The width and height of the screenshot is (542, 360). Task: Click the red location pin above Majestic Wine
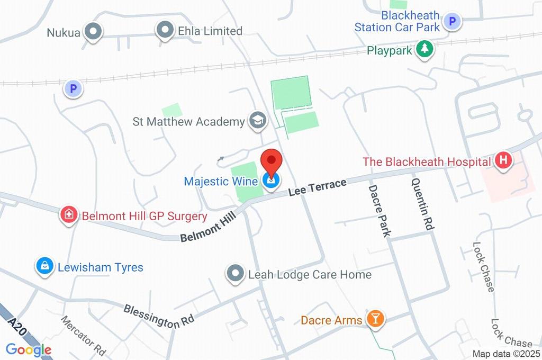click(272, 161)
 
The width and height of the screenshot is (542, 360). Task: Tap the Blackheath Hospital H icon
click(503, 161)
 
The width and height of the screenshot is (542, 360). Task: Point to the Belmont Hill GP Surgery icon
click(68, 215)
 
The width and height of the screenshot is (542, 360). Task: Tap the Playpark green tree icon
click(424, 50)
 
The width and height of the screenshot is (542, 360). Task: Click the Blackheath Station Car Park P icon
click(452, 21)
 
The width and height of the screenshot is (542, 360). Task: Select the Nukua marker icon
click(94, 31)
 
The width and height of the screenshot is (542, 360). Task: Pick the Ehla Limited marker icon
click(165, 30)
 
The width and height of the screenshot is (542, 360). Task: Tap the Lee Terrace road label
click(318, 188)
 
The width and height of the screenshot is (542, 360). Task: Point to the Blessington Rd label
click(159, 316)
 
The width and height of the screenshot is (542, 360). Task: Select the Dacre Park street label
click(380, 210)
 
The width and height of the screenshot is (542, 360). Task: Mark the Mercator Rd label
click(83, 336)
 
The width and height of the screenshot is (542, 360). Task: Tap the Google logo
click(29, 349)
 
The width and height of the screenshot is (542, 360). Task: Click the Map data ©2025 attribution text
click(506, 354)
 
